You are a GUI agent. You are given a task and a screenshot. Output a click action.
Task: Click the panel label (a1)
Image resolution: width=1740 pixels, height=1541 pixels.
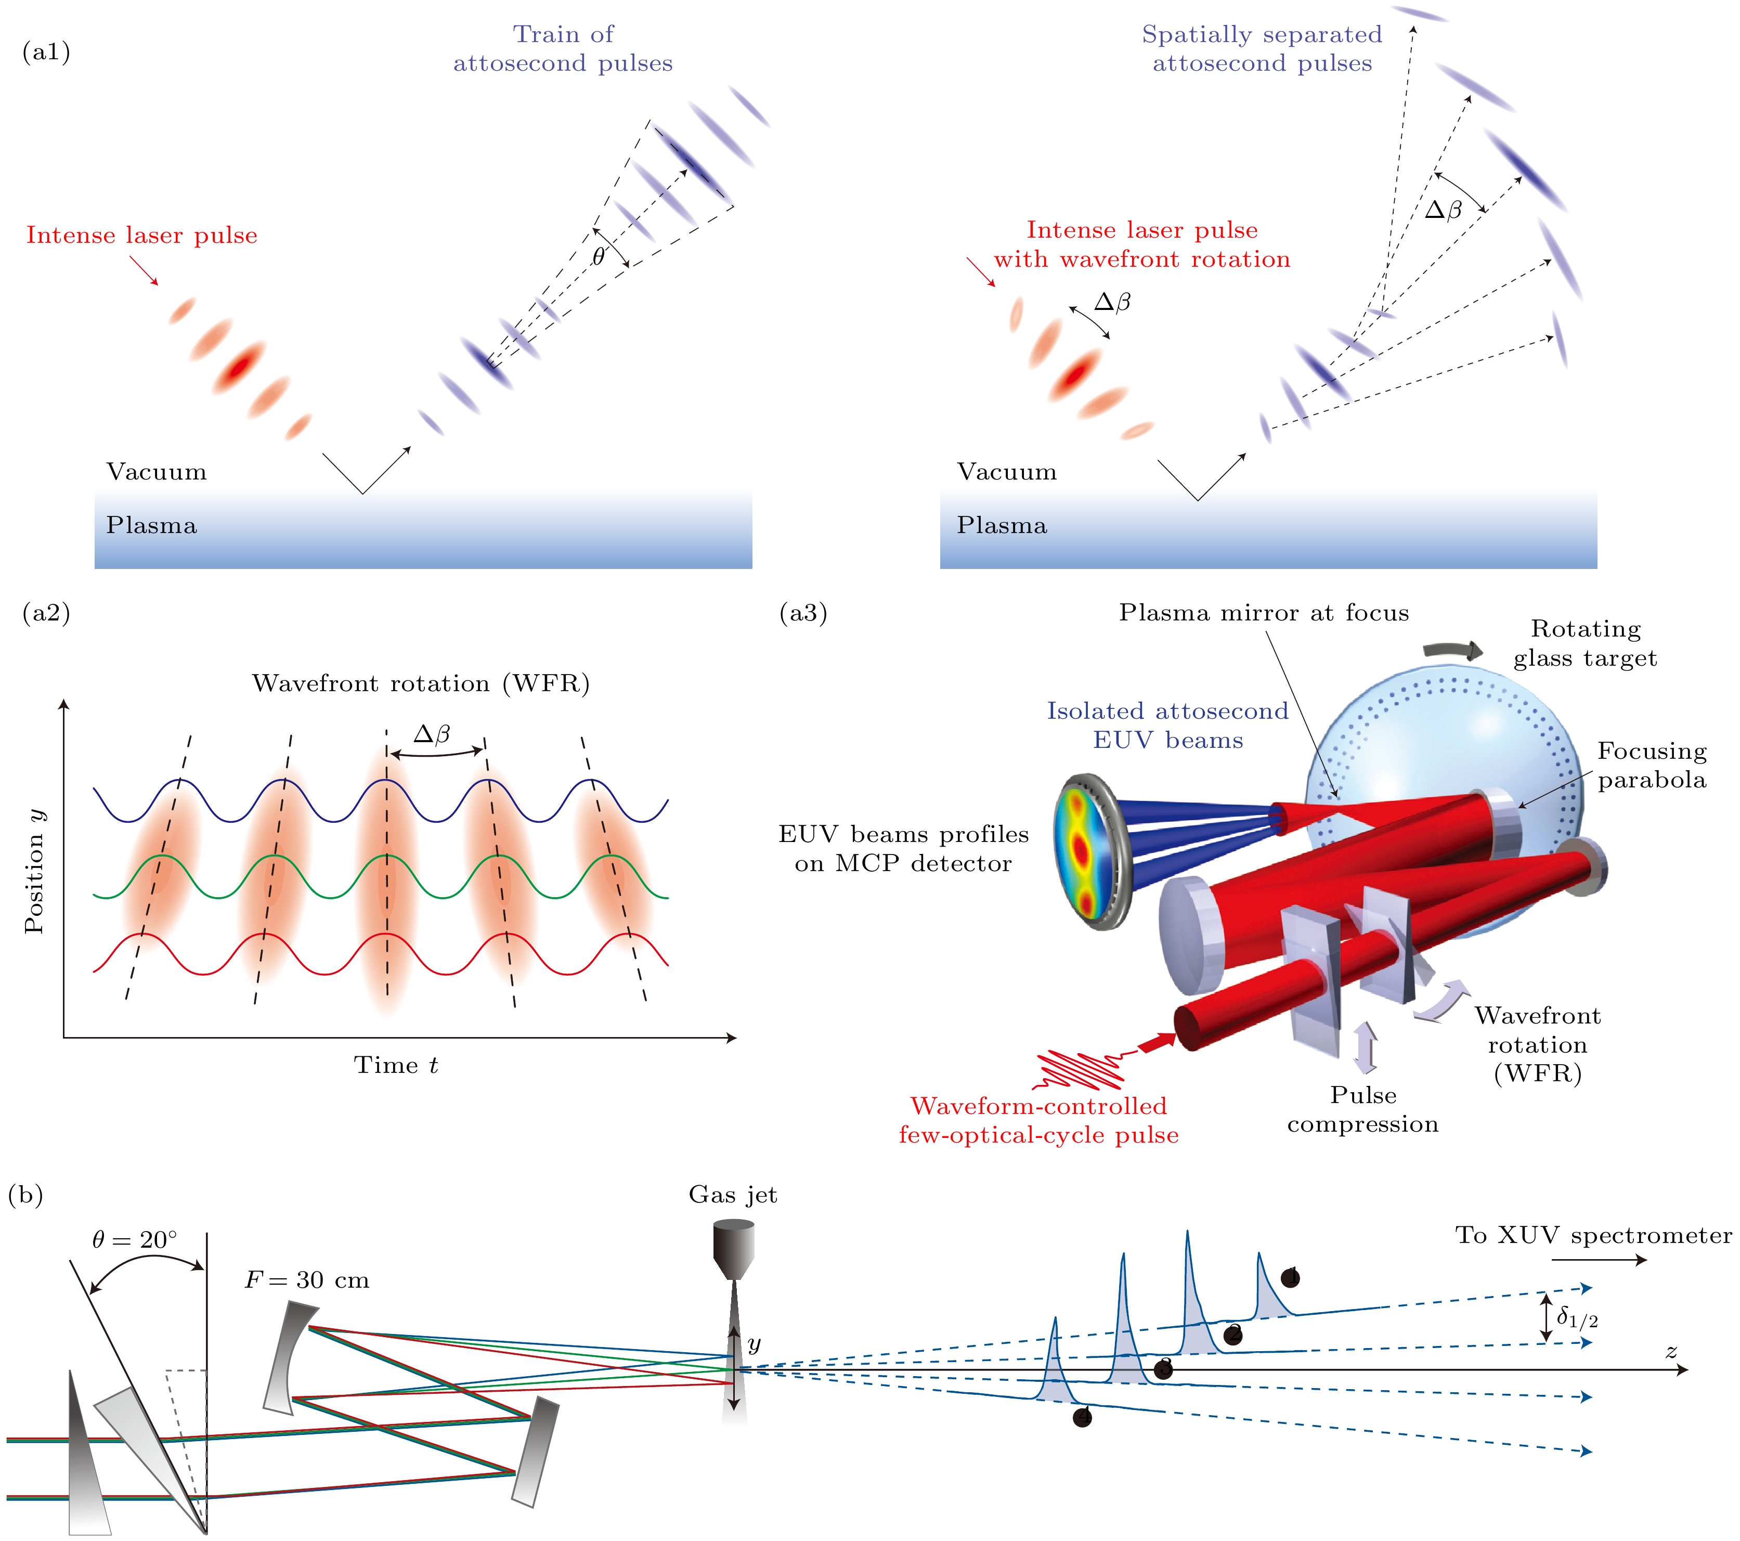click(x=46, y=53)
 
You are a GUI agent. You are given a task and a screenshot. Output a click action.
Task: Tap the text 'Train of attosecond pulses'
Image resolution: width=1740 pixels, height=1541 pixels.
click(x=563, y=48)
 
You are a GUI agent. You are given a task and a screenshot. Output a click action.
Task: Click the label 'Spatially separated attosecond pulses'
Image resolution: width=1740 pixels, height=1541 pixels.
click(x=1262, y=48)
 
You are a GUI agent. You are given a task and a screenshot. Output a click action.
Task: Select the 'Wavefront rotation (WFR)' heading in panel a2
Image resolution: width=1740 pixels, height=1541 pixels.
click(x=421, y=684)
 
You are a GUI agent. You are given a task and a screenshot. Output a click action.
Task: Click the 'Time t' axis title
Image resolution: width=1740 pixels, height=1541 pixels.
click(x=396, y=1065)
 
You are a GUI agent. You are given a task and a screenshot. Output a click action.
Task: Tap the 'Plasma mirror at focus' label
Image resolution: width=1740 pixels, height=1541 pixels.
click(x=1263, y=613)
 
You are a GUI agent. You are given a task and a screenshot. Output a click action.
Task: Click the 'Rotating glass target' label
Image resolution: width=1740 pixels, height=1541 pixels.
click(x=1585, y=644)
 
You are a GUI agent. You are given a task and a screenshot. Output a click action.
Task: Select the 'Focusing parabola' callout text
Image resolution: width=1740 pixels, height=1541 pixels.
click(x=1652, y=766)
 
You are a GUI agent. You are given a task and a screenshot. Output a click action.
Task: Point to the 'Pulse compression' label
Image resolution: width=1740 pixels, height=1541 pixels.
click(x=1363, y=1109)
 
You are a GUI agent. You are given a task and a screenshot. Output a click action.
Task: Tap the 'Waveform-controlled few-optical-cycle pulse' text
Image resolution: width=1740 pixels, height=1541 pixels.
click(x=1038, y=1120)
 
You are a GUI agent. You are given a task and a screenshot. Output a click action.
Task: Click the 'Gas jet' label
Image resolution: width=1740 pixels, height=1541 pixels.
click(x=732, y=1195)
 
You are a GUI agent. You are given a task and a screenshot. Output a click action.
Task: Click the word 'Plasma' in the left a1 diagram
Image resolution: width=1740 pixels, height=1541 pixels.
click(x=151, y=525)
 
